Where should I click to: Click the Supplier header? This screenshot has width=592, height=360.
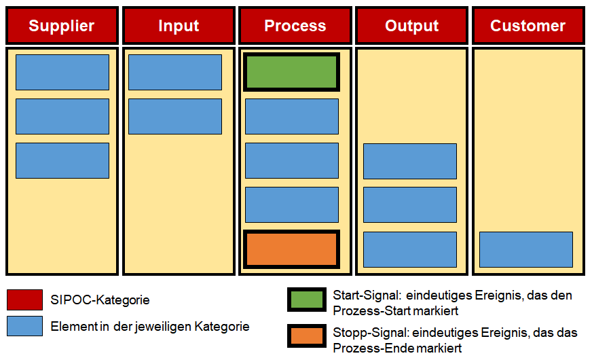(62, 25)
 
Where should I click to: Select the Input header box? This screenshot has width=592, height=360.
(179, 25)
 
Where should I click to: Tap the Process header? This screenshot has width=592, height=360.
(295, 25)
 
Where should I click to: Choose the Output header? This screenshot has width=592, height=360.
(412, 25)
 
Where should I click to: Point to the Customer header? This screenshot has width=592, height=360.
(529, 25)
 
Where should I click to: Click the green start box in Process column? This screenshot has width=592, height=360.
(291, 72)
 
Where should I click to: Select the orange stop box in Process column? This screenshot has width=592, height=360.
(291, 249)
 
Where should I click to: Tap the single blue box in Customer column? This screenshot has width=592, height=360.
(526, 250)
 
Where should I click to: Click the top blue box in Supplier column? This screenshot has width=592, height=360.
(62, 72)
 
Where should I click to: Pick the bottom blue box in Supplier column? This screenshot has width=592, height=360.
(62, 160)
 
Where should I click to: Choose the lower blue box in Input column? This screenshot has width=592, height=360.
(175, 116)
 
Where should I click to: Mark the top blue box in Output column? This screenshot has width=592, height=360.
(410, 161)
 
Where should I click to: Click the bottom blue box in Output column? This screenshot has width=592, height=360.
(410, 250)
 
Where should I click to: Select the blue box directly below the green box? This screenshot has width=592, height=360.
(292, 116)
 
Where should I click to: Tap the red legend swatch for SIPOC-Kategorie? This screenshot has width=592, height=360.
(24, 300)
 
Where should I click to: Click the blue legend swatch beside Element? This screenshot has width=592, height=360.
(24, 326)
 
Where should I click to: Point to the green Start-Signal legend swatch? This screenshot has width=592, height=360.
(307, 300)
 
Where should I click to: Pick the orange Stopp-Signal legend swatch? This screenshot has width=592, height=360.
(307, 336)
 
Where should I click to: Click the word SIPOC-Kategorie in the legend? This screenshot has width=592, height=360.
(100, 300)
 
